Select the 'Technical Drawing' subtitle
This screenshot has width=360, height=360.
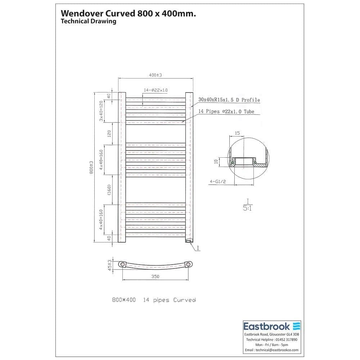(x=89, y=21)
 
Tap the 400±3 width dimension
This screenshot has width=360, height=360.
(x=156, y=75)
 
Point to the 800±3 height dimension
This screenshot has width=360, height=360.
(x=91, y=167)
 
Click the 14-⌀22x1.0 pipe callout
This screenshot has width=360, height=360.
(x=156, y=90)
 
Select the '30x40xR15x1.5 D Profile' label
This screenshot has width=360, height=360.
(x=229, y=100)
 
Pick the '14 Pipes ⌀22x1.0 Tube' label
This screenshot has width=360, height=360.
(x=226, y=112)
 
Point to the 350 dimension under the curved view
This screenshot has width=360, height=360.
(x=155, y=276)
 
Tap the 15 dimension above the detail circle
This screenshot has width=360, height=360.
(x=237, y=133)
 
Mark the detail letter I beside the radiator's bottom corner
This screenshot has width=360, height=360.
(x=198, y=248)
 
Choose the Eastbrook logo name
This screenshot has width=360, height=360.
(x=267, y=327)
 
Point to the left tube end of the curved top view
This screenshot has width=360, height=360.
(x=123, y=265)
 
